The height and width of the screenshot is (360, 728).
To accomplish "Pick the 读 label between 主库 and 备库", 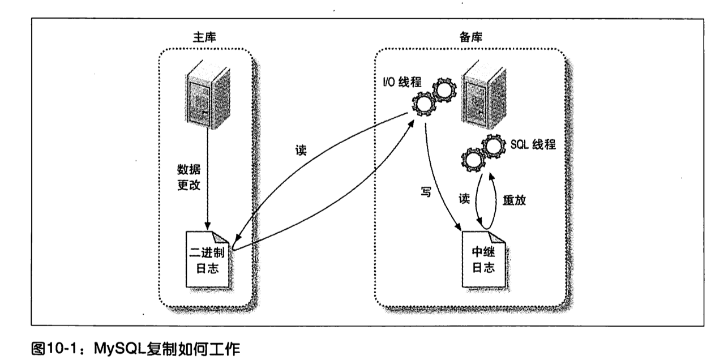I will [x=301, y=151].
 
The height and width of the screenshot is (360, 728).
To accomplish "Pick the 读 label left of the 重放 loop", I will [x=464, y=199].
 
